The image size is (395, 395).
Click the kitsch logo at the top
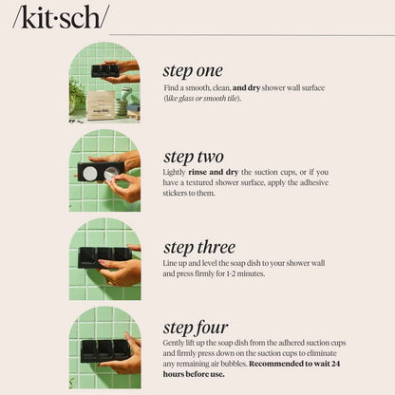(x=60, y=16)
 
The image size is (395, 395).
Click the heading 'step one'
(x=193, y=70)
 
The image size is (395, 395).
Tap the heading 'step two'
(x=193, y=157)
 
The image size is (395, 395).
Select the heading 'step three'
(x=198, y=248)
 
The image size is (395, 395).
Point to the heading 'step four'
(x=195, y=328)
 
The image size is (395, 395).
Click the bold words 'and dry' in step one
(x=252, y=87)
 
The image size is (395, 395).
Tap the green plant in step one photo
(x=76, y=92)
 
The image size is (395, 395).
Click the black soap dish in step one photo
(x=104, y=70)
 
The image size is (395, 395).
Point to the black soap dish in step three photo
(x=102, y=255)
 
